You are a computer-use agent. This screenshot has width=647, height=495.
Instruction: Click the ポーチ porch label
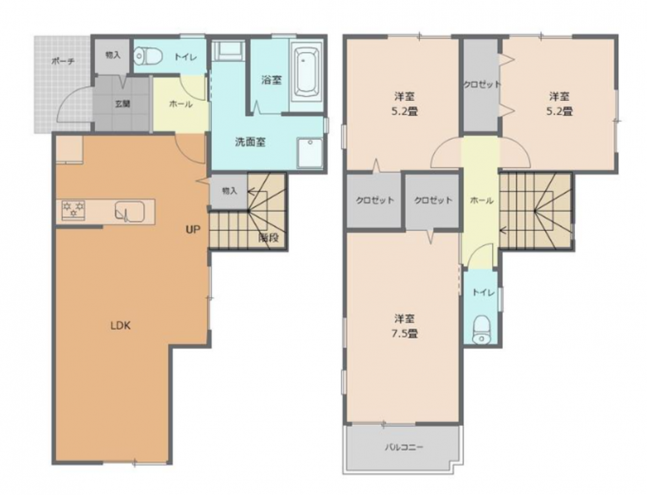63,61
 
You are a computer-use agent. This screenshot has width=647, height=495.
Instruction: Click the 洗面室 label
250,143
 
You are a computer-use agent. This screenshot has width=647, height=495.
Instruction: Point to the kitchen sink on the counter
129,211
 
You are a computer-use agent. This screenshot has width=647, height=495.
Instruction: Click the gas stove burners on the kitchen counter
73,209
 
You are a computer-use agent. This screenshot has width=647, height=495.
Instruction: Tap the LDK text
120,325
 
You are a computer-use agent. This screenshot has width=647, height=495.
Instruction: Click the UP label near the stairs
192,230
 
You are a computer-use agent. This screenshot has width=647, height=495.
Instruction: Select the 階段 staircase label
269,238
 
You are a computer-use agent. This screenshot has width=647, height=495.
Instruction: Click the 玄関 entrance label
123,104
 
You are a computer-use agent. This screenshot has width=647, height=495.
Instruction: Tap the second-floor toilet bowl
481,329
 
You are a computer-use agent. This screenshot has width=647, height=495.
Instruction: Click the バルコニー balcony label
404,447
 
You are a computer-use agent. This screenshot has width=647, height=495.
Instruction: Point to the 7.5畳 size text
404,333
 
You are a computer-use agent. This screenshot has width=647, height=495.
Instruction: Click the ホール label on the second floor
482,201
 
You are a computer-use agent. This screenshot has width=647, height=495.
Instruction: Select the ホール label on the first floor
181,104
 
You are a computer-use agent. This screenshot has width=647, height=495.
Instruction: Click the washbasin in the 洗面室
310,153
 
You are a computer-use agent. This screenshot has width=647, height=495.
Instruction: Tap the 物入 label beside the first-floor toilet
113,55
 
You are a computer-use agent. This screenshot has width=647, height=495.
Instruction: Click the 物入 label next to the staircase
230,191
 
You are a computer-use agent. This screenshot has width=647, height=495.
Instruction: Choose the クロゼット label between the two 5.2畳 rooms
481,85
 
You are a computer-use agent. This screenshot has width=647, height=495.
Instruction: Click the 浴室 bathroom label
271,80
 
